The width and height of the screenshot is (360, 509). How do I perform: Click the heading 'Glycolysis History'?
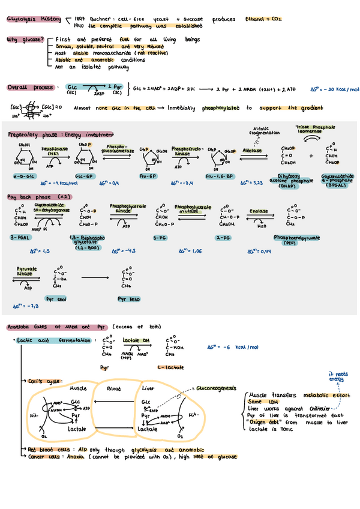pyautogui.click(x=34, y=19)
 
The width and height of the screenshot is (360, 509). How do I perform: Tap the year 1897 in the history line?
pyautogui.click(x=82, y=19)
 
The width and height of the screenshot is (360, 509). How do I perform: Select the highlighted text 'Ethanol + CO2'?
pyautogui.click(x=263, y=19)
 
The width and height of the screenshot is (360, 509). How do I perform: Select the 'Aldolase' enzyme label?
pyautogui.click(x=253, y=151)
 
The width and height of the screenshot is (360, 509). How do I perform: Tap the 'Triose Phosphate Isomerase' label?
pyautogui.click(x=315, y=130)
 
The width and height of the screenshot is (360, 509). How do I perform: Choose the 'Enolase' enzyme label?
pyautogui.click(x=259, y=212)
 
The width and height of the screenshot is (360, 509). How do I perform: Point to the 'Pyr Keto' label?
pyautogui.click(x=129, y=298)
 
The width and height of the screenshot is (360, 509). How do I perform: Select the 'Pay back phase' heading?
pyautogui.click(x=30, y=197)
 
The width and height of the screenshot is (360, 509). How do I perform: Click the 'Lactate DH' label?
pyautogui.click(x=134, y=340)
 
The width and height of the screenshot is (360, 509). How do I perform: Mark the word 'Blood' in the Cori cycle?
pyautogui.click(x=113, y=388)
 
